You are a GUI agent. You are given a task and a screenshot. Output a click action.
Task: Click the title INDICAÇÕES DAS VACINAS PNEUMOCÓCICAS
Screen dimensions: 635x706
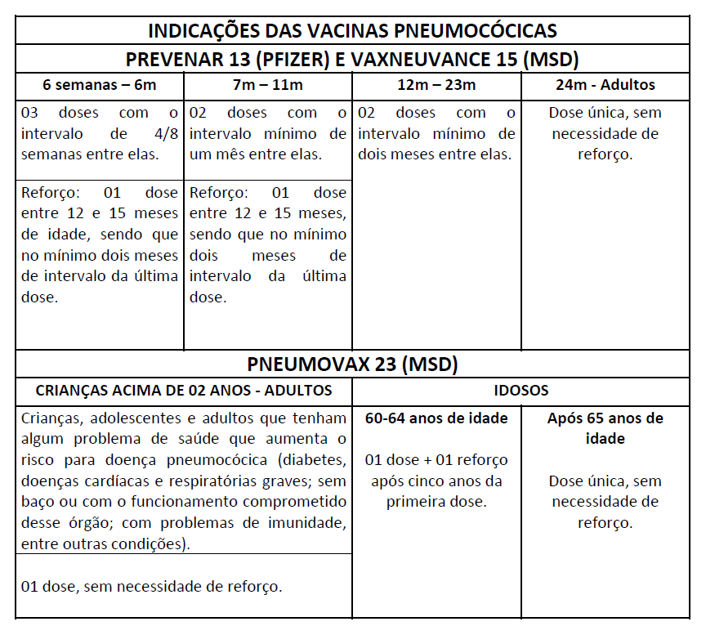352,31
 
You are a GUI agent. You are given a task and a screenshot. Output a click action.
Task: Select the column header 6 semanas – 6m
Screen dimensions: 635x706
101,85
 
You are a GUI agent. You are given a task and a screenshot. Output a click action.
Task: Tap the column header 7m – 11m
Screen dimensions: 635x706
267,85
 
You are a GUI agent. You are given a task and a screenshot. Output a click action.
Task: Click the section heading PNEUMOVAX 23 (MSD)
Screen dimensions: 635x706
352,364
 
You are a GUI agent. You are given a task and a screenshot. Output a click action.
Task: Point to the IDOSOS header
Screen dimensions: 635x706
521,391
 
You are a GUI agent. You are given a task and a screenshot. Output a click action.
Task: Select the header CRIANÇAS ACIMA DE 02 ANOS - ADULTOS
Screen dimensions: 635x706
184,391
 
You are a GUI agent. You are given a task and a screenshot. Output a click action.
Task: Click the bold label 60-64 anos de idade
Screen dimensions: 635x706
436,418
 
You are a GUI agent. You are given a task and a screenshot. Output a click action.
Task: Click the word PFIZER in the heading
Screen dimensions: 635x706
259,59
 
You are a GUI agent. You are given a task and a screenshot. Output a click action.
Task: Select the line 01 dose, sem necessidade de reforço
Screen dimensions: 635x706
151,586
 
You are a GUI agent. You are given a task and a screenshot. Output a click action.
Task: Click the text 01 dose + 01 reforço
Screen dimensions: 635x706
436,460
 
